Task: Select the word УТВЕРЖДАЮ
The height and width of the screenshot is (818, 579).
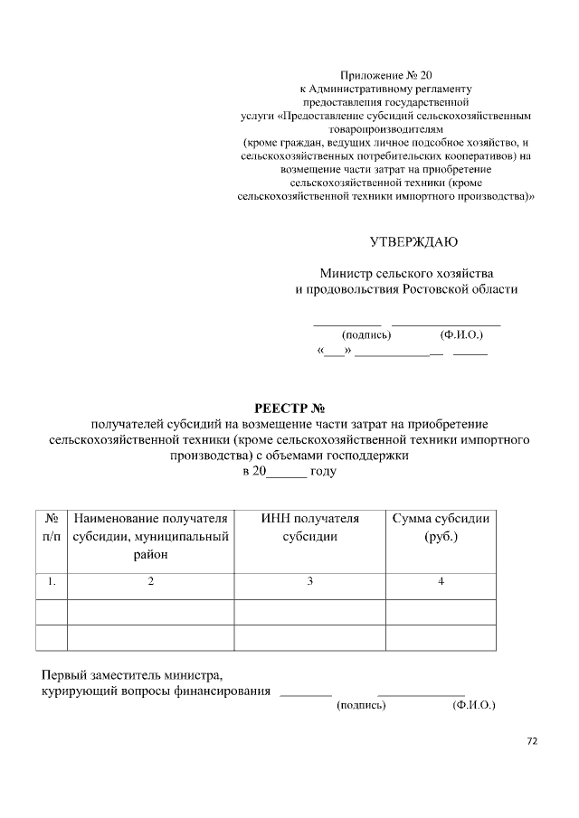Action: point(413,241)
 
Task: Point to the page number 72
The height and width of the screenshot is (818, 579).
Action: point(532,740)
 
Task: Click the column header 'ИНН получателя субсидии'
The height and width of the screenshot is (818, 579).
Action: point(309,528)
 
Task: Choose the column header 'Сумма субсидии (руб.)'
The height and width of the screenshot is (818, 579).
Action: point(441,528)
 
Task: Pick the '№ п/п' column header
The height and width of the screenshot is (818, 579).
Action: point(52,528)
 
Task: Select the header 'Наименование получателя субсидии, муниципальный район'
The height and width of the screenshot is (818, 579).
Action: point(150,537)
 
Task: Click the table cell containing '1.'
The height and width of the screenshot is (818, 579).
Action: point(52,582)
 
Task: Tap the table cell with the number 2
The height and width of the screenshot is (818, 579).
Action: point(151,582)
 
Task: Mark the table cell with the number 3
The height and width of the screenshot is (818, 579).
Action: point(309,582)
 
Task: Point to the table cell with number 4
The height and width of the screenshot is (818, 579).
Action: point(441,582)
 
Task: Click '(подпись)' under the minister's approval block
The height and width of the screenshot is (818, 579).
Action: point(365,334)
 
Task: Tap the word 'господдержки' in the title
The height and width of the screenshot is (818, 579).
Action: point(365,456)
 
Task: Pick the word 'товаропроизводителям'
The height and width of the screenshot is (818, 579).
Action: point(384,129)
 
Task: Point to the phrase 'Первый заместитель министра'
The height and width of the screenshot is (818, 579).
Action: point(131,674)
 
